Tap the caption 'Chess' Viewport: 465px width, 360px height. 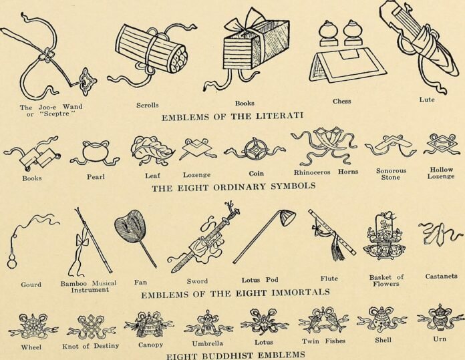[x=341, y=102]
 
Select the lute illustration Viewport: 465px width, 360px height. [x=421, y=45]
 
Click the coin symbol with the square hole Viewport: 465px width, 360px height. [x=255, y=151]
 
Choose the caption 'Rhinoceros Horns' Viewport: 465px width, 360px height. [x=326, y=172]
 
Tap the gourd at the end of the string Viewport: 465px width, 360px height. [x=12, y=262]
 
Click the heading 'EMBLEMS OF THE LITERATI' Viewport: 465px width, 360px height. [x=232, y=116]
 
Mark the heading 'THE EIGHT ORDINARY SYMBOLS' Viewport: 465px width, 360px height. [x=233, y=187]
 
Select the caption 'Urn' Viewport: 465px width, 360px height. [x=440, y=339]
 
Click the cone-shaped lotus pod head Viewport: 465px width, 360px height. [x=287, y=217]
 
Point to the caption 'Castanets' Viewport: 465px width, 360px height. [x=441, y=276]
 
